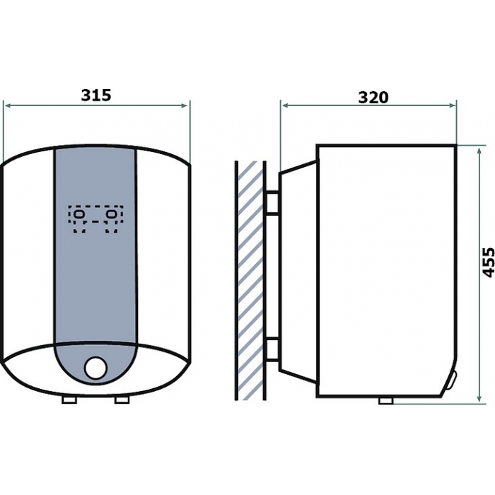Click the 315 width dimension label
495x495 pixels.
(x=96, y=95)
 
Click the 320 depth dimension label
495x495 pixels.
(x=373, y=98)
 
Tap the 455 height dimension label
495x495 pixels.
(x=489, y=262)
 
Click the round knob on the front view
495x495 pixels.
(x=96, y=368)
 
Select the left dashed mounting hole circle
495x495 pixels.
(x=78, y=214)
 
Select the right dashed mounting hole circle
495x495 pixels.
(x=112, y=214)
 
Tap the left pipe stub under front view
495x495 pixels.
(x=69, y=400)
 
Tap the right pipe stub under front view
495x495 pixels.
(x=122, y=400)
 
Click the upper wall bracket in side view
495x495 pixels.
(x=273, y=202)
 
